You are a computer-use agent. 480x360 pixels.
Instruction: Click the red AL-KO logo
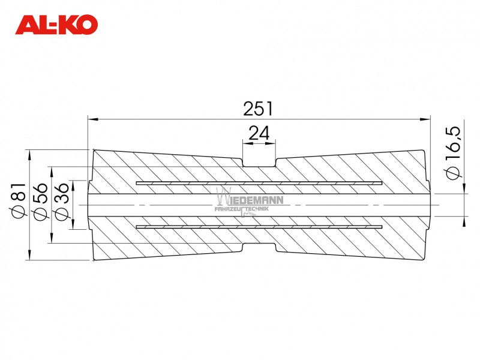pos(56,25)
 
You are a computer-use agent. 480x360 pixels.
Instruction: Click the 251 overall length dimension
pos(258,109)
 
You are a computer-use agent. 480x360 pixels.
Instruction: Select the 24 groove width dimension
pos(259,133)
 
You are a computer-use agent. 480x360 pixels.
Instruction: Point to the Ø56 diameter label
pos(40,201)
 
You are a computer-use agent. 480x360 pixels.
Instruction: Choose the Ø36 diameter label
pos(61,201)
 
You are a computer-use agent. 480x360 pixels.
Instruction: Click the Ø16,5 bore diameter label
pos(453,152)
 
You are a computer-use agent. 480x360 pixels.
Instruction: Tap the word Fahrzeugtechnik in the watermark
pos(242,209)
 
